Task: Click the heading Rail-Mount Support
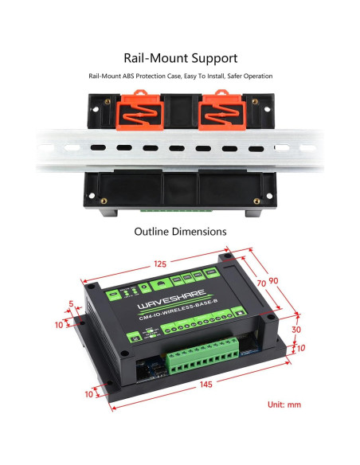[x=180, y=58]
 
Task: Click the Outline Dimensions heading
[x=180, y=232]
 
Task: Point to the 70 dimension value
[x=260, y=282]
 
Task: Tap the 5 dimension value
[x=71, y=303]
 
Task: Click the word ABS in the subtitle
[x=125, y=76]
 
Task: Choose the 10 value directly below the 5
[x=59, y=325]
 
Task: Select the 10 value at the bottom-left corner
[x=87, y=393]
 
